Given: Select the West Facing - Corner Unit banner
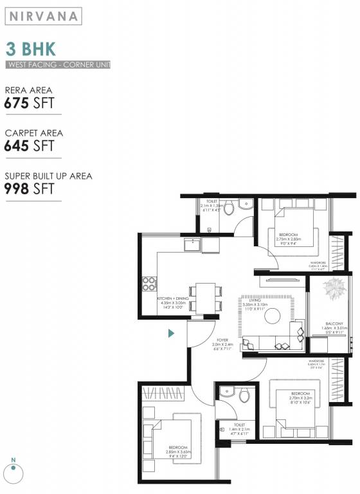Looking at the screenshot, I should pos(59,65).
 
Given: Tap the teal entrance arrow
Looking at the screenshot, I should pos(172,333).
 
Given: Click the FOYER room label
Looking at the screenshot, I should pos(222,340).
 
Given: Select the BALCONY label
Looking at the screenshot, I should pos(334,323).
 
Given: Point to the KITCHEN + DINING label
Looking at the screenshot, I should pos(173,299).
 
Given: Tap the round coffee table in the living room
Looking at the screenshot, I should pos(273,315).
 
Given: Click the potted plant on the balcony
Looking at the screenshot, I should pos(334,289).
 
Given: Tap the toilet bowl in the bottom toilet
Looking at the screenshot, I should pos(244,396).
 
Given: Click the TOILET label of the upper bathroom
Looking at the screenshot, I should pos(212,201).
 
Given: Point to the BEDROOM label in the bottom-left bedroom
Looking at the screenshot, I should pos(178,447).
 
